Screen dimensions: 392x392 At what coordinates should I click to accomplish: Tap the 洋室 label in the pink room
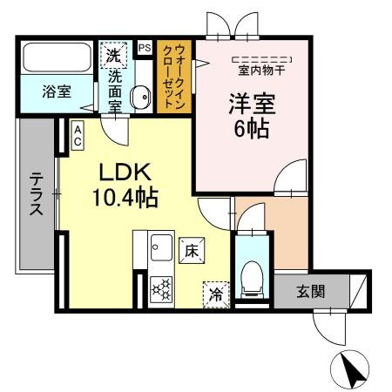(251, 105)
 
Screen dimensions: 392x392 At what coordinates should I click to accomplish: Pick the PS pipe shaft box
(145, 48)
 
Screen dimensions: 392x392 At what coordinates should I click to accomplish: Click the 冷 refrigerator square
(214, 294)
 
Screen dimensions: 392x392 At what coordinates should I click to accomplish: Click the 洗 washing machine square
(114, 55)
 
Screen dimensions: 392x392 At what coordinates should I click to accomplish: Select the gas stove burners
(160, 288)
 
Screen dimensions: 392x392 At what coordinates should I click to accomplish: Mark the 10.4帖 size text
(125, 198)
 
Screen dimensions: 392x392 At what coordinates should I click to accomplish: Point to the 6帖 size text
(251, 130)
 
